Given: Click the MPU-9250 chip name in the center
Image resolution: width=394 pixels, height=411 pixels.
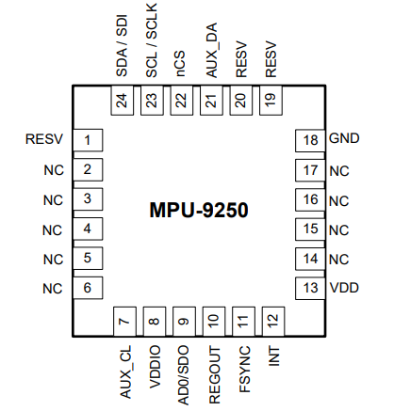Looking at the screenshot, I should pos(198,210).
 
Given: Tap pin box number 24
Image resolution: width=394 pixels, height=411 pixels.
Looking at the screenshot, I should pos(122,101).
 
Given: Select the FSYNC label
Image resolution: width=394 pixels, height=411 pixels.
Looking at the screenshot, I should pos(243,370).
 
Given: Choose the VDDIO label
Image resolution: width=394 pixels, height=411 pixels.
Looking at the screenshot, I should pos(153,368).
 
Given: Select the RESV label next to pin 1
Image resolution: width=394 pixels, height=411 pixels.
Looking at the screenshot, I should pos(44,141).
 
